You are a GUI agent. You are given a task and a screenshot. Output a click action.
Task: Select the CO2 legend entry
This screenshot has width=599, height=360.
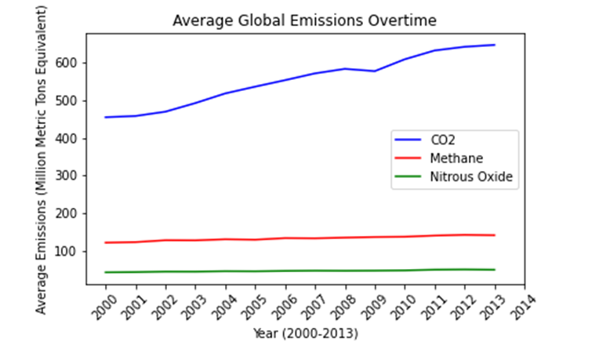[441, 139]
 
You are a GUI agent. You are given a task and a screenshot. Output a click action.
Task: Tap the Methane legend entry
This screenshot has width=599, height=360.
[453, 158]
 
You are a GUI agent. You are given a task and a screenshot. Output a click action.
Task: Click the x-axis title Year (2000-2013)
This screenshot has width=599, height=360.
[305, 334]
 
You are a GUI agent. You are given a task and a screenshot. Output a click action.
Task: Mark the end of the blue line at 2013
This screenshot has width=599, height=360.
[495, 45]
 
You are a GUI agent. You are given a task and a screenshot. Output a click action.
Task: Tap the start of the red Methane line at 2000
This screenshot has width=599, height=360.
[105, 242]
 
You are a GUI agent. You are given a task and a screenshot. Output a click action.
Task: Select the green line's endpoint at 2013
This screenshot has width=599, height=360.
[495, 270]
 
